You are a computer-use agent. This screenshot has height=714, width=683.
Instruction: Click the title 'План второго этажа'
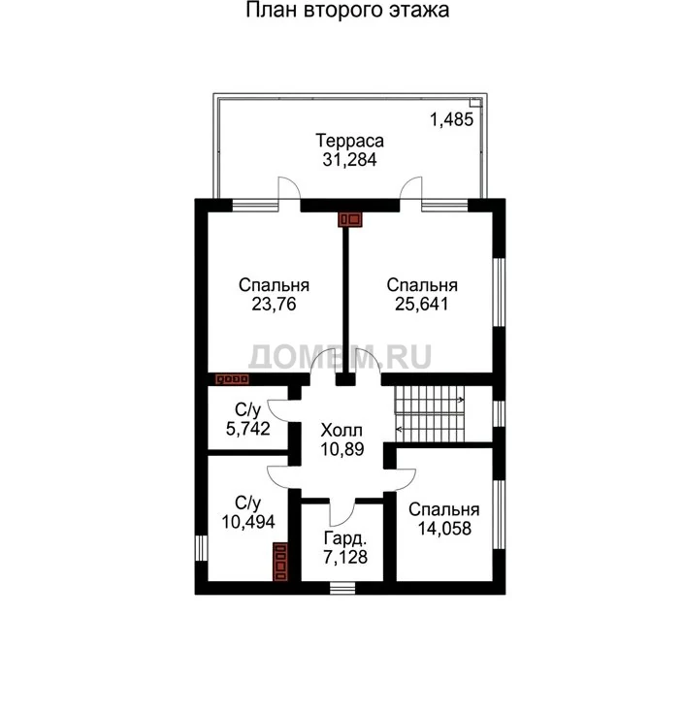tap(347, 10)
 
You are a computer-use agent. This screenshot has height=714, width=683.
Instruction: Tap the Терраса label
tap(349, 141)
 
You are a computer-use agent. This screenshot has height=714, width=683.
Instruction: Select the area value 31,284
tap(349, 160)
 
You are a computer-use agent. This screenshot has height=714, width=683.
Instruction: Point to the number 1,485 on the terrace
tap(452, 119)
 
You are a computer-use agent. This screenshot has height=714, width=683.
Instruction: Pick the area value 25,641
tap(422, 304)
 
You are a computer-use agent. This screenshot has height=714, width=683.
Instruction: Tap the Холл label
tap(341, 430)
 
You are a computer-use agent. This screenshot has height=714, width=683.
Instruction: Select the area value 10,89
tap(341, 449)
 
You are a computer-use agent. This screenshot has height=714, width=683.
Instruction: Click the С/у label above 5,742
tap(247, 410)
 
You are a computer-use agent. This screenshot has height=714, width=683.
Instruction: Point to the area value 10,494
tap(248, 521)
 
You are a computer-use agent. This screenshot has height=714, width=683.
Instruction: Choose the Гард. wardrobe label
tap(345, 538)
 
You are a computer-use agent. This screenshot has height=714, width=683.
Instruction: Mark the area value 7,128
tap(345, 557)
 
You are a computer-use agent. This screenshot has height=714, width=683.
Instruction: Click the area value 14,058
tap(444, 528)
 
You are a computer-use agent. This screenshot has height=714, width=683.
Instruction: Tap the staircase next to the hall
tap(430, 414)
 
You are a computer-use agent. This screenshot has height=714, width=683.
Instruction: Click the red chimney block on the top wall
tap(349, 219)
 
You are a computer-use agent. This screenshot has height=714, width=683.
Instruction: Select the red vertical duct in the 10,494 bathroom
tap(280, 562)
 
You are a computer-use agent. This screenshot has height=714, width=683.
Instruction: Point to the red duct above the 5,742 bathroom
tap(232, 379)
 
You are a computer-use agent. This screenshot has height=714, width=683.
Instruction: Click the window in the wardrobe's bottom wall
tap(341, 588)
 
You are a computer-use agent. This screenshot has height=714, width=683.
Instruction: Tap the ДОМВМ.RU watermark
tap(340, 356)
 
